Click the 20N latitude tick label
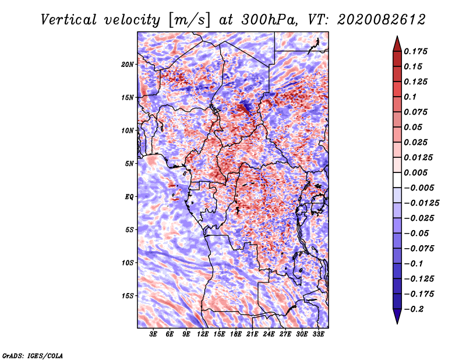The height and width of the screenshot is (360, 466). (x=128, y=65)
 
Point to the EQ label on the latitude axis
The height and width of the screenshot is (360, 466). (x=129, y=197)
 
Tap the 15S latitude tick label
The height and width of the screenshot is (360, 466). (x=128, y=296)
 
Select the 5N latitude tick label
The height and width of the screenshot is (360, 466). (x=129, y=164)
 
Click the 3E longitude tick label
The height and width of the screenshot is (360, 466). (x=153, y=334)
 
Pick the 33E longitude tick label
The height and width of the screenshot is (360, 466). (x=318, y=334)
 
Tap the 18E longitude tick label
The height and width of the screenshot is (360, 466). (x=236, y=334)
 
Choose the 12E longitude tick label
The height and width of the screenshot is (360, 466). (x=203, y=334)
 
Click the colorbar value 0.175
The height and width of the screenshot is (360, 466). (x=415, y=51)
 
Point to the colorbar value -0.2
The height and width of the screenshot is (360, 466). (x=414, y=309)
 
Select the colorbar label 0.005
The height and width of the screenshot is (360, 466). (x=415, y=172)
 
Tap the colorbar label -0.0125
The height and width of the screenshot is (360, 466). (x=421, y=203)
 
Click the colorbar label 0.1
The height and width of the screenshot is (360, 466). (x=410, y=97)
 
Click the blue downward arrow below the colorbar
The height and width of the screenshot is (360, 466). (x=397, y=316)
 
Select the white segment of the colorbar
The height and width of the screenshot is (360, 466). (x=397, y=180)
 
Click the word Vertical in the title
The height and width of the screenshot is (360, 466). (x=69, y=20)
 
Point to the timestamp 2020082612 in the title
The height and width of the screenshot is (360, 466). (x=381, y=20)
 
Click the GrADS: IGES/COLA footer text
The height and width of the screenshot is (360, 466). (x=33, y=356)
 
